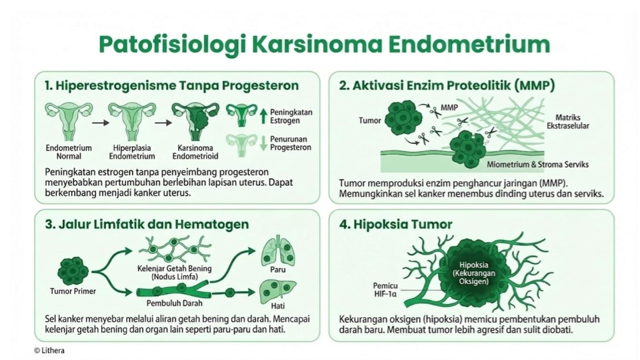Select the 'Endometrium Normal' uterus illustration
tap(69, 121)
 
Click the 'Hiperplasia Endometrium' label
tap(132, 152)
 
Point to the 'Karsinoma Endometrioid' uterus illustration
tap(195, 121)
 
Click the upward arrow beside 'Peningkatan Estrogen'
tap(263, 116)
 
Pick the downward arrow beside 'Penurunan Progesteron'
tap(263, 143)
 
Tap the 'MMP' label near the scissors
tap(449, 107)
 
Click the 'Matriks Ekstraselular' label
tap(568, 121)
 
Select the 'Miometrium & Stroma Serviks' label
tap(537, 165)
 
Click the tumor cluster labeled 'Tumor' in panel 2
tap(402, 119)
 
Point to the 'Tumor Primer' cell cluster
tap(73, 271)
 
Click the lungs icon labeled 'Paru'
tap(278, 250)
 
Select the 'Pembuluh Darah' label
tap(174, 303)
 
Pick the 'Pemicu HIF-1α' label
tap(385, 290)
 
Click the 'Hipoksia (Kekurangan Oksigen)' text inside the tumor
tap(473, 273)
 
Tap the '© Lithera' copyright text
tap(49, 350)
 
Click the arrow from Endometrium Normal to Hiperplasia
tap(101, 123)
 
